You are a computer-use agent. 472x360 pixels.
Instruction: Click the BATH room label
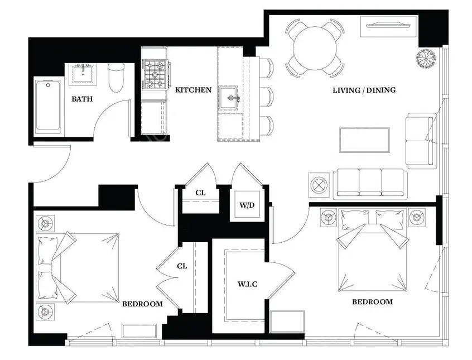point(82,99)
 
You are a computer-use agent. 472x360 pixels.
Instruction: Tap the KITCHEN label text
point(194,90)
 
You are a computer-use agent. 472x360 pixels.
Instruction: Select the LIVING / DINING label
point(364,90)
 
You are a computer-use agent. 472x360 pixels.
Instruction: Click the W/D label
point(247,205)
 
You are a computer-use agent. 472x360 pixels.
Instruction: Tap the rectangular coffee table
point(364,140)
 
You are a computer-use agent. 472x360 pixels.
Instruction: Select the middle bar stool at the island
point(266,96)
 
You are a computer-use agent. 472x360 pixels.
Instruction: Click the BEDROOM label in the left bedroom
point(143,304)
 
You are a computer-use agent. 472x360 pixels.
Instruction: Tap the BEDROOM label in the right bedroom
point(372,302)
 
